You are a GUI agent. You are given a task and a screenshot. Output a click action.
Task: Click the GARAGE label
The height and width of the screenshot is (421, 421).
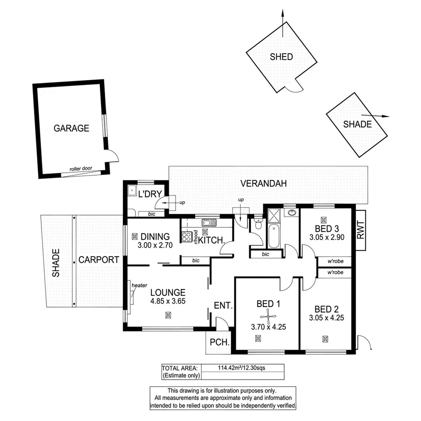[71, 128]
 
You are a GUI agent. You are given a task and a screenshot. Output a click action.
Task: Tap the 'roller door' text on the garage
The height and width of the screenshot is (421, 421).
[81, 169]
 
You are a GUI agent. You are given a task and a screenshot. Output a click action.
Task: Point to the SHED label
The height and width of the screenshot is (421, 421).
[281, 57]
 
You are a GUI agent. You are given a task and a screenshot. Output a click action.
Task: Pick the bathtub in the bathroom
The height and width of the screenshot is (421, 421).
[274, 235]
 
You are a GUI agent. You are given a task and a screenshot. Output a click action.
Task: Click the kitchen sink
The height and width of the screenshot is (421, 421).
[209, 222]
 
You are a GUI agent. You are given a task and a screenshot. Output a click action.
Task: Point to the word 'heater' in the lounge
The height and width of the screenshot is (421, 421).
[140, 285]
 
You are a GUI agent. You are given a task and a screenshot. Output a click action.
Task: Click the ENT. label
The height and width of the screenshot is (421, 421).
[223, 306]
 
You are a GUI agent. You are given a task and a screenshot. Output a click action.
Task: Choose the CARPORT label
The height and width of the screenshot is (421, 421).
[98, 260]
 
